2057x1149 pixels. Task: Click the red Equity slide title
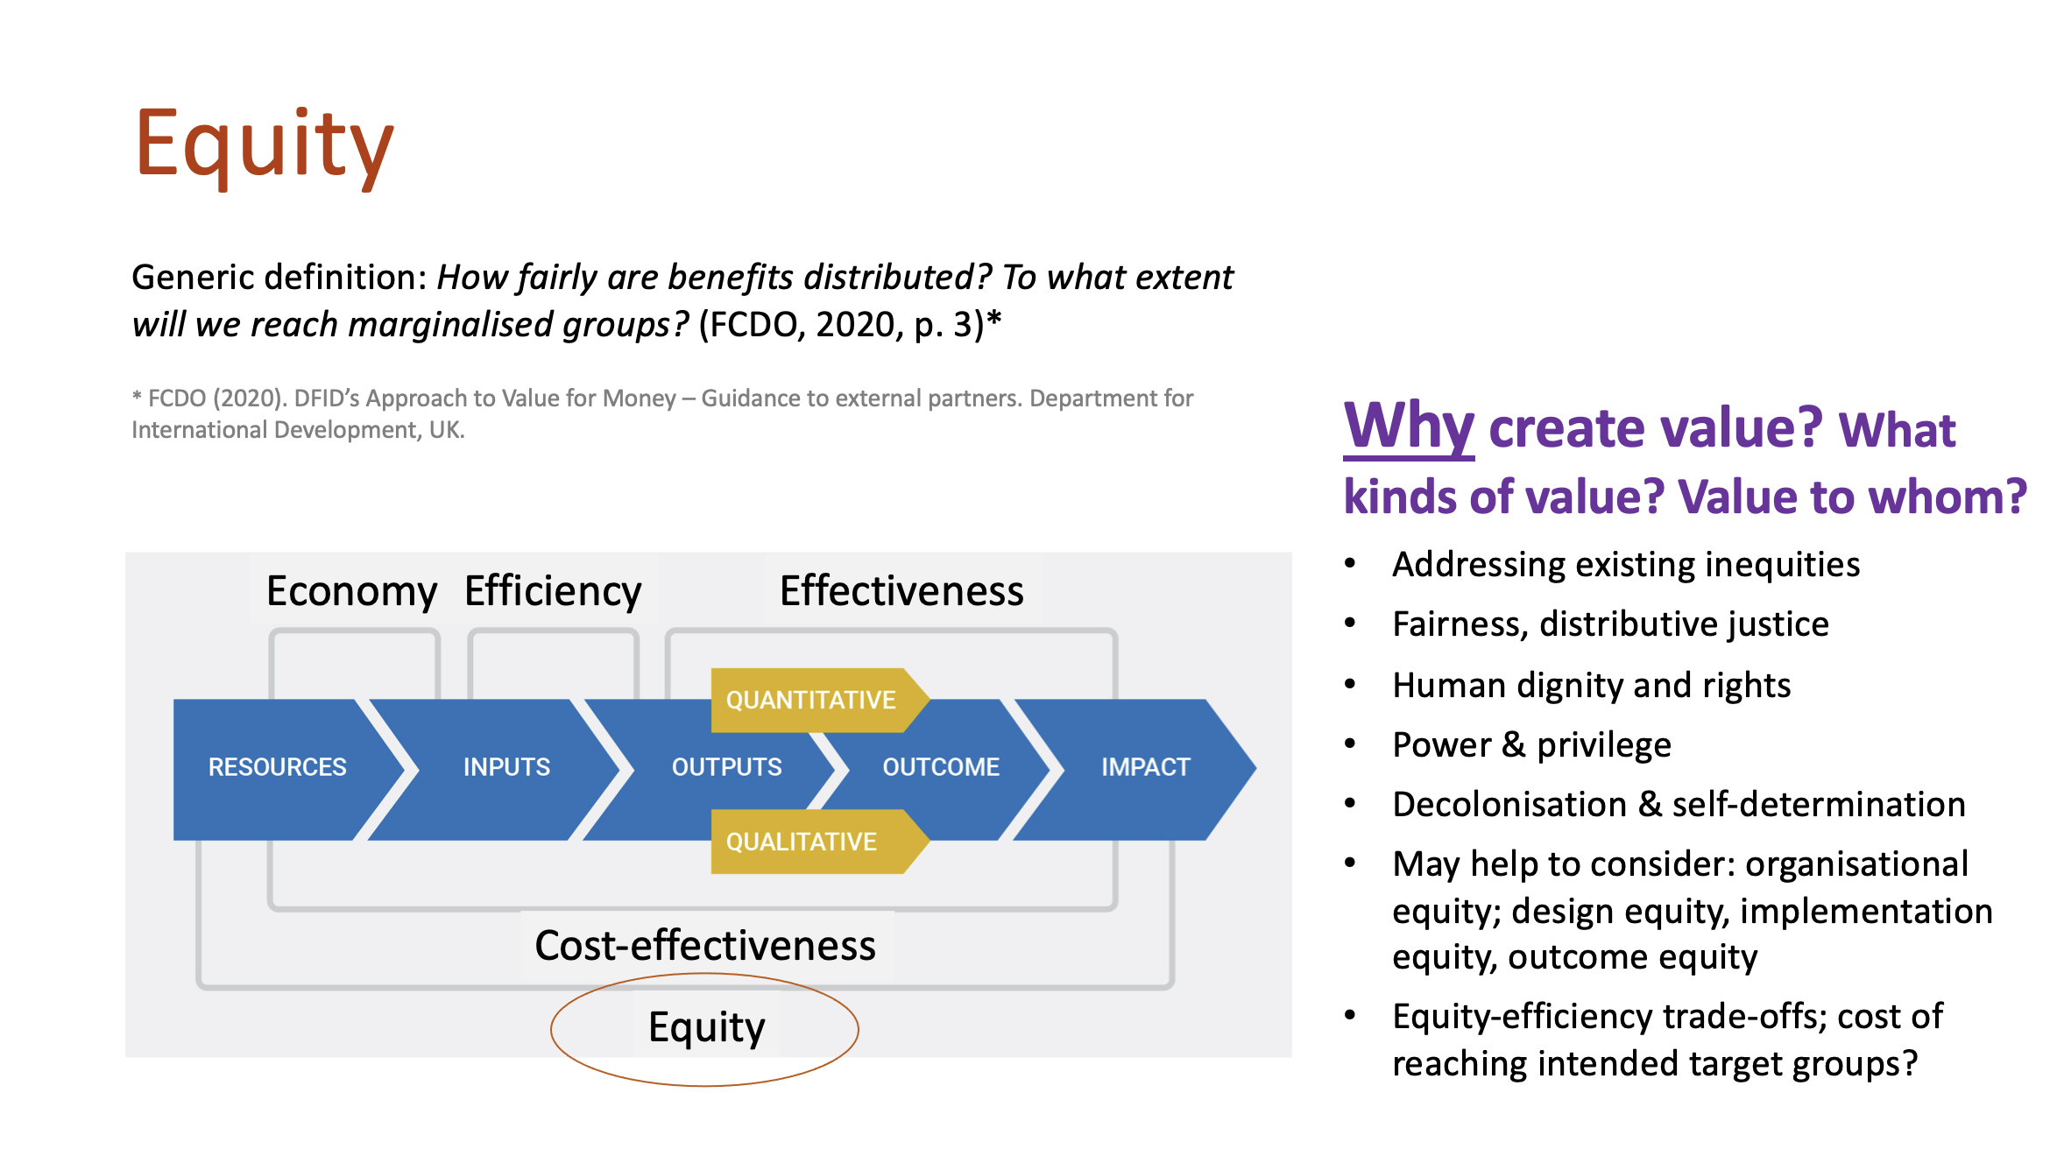click(265, 145)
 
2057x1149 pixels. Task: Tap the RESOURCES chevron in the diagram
click(277, 767)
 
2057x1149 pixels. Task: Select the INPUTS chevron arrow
click(506, 767)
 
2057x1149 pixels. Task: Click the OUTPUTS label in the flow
click(726, 767)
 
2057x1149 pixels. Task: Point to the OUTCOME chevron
click(940, 767)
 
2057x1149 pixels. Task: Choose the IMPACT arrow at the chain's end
click(1145, 767)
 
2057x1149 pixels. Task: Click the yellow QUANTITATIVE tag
click(810, 701)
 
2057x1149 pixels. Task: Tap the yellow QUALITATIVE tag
click(801, 842)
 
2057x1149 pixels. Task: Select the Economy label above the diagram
click(351, 591)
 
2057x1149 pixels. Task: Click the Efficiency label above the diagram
click(553, 591)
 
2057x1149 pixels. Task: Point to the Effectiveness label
click(901, 591)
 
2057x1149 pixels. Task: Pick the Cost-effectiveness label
click(705, 946)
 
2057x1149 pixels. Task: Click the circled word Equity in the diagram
click(706, 1027)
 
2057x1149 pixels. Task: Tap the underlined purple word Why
click(1409, 426)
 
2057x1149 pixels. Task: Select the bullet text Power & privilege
click(1531, 745)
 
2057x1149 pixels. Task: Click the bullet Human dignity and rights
click(1591, 686)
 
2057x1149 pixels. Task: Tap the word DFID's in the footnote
click(329, 399)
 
